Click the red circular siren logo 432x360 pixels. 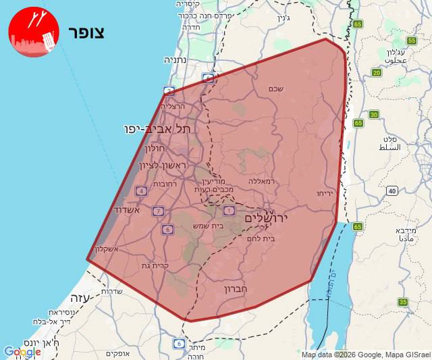pyautogui.click(x=34, y=32)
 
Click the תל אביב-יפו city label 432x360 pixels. pyautogui.click(x=157, y=128)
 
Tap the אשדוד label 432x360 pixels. pyautogui.click(x=126, y=210)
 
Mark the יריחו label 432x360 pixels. pyautogui.click(x=324, y=194)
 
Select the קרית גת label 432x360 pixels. pyautogui.click(x=155, y=265)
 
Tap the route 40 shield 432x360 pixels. pyautogui.click(x=392, y=191)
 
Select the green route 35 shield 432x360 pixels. pyautogui.click(x=403, y=302)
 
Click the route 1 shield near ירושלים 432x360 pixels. pyautogui.click(x=229, y=211)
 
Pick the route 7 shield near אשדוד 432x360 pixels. pyautogui.click(x=158, y=211)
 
